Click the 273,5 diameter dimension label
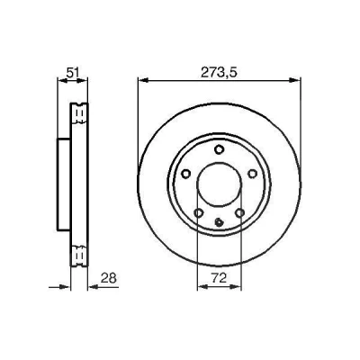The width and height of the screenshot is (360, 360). (219, 73)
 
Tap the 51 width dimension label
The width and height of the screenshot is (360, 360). (73, 73)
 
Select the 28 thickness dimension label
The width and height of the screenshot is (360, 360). (108, 278)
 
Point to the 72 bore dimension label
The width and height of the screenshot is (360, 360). (219, 278)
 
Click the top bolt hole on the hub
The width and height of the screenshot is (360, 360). (220, 149)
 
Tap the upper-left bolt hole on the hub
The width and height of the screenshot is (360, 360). (186, 174)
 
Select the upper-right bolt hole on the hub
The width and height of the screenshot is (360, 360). (253, 174)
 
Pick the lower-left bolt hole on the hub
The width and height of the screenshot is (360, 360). (199, 213)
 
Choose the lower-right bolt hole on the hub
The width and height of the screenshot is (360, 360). (240, 213)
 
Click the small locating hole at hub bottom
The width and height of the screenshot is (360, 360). (220, 222)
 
